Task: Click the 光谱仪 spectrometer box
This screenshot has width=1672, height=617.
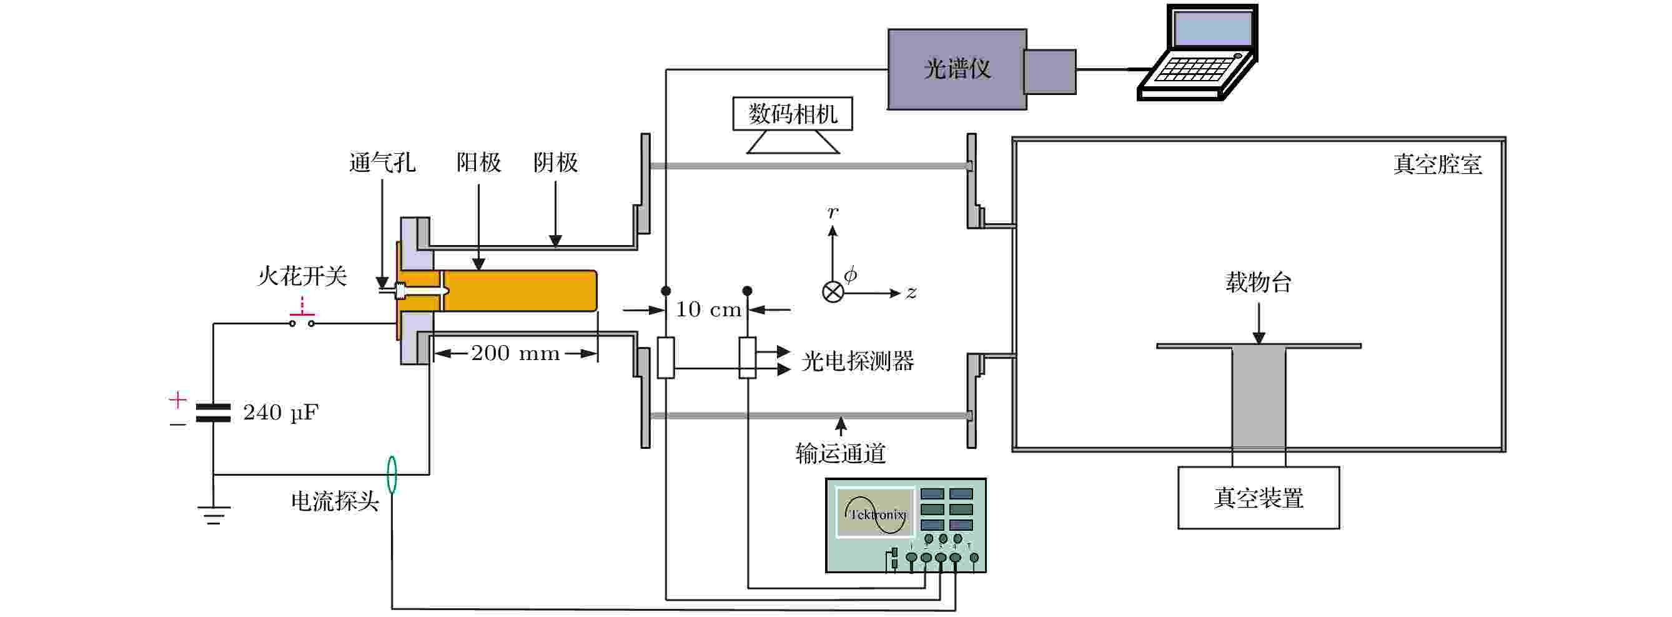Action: click(x=957, y=69)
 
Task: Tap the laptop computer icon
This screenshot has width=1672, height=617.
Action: click(x=1198, y=53)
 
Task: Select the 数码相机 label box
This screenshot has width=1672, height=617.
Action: click(x=793, y=114)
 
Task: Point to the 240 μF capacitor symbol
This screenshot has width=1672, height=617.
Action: click(x=214, y=413)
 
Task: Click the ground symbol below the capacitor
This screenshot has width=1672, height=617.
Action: click(x=214, y=515)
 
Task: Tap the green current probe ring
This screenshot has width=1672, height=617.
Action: click(x=392, y=474)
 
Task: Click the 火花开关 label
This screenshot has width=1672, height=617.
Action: click(x=302, y=276)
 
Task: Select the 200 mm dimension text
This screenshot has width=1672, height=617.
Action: click(x=515, y=353)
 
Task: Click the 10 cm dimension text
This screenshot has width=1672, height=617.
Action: click(x=708, y=309)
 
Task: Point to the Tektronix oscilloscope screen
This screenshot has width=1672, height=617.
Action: click(x=874, y=513)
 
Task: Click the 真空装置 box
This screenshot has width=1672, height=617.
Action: click(x=1259, y=498)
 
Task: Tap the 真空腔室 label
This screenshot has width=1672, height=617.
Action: click(x=1438, y=164)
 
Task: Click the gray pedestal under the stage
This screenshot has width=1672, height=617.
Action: click(x=1259, y=398)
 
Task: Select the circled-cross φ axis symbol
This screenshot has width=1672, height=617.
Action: click(x=833, y=291)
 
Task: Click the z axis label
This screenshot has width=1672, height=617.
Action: click(x=911, y=293)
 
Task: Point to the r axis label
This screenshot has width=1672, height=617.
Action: click(x=833, y=212)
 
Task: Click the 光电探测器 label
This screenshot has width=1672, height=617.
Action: click(x=858, y=361)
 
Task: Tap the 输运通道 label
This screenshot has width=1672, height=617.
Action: click(x=841, y=453)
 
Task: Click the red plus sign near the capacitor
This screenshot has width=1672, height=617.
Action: click(x=177, y=399)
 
